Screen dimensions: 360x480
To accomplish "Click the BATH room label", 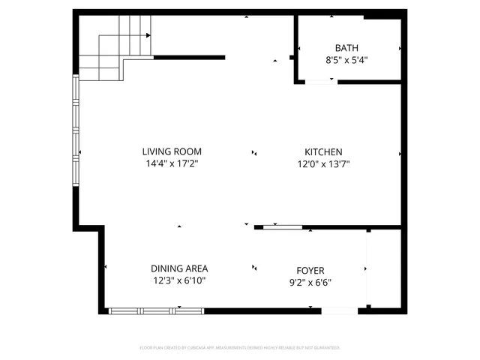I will pos(346,46).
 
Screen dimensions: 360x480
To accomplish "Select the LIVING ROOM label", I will pos(173,151).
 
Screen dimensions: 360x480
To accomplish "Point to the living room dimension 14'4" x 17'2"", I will pos(173,163).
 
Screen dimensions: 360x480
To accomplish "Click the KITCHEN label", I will pos(323,151).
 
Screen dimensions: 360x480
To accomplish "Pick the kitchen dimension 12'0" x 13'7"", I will pos(323,163).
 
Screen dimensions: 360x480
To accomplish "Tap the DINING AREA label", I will pos(179,268).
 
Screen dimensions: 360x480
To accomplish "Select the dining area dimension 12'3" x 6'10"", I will pos(179,280).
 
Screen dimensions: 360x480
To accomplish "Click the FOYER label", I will pos(310,271).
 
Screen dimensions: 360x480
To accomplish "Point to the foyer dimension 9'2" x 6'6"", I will pos(310,283).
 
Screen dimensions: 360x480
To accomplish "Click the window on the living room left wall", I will pos(75,131).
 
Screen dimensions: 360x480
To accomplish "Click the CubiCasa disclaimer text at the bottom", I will pos(240,348).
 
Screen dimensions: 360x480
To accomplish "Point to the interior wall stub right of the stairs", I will pos(189,57).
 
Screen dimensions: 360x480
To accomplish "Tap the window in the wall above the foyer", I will pos(283,226).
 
